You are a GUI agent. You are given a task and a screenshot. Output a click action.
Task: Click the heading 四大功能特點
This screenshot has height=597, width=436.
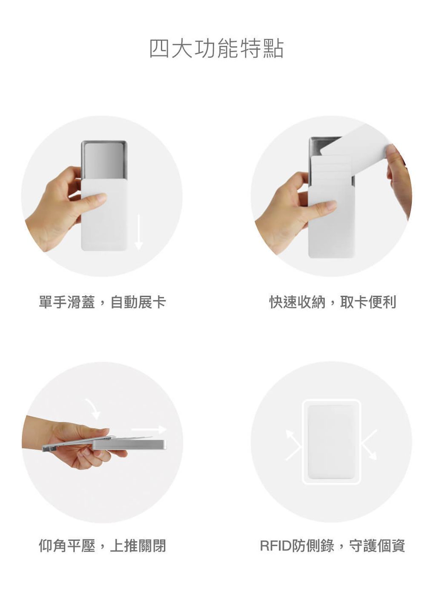[x=216, y=49]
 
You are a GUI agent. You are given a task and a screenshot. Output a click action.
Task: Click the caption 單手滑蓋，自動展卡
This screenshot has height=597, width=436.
[x=102, y=302]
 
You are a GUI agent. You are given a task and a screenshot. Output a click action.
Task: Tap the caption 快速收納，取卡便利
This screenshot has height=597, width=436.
[x=333, y=302]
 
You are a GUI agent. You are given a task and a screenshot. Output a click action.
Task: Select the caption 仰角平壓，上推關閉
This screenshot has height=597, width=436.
[x=102, y=546]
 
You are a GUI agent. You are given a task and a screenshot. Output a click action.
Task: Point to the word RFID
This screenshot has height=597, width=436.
[x=276, y=546]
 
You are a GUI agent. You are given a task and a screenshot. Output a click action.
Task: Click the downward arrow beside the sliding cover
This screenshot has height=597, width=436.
[x=138, y=232]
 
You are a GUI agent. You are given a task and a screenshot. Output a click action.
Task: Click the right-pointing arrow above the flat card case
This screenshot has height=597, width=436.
[x=149, y=429]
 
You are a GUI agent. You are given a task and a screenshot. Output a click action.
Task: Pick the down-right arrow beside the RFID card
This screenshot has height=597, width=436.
[x=369, y=444]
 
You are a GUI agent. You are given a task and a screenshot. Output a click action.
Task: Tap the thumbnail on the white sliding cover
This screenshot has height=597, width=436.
[x=100, y=197]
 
